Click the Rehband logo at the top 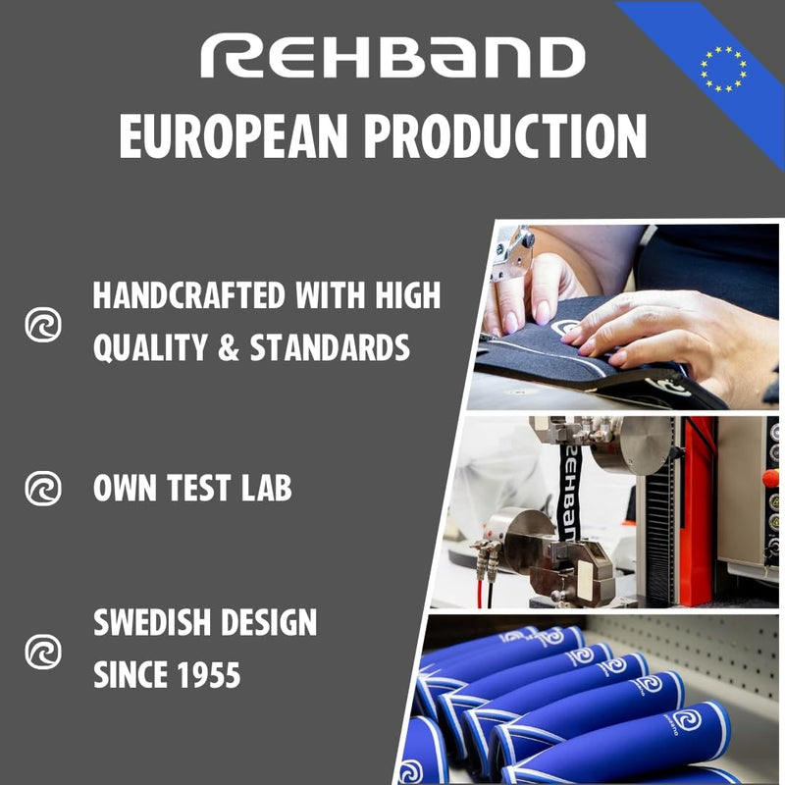coord(392,58)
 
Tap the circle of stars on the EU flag coord(723,69)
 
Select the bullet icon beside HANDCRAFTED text coord(42,325)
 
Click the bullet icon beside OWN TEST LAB coord(42,488)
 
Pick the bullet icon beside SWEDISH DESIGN coord(42,651)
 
